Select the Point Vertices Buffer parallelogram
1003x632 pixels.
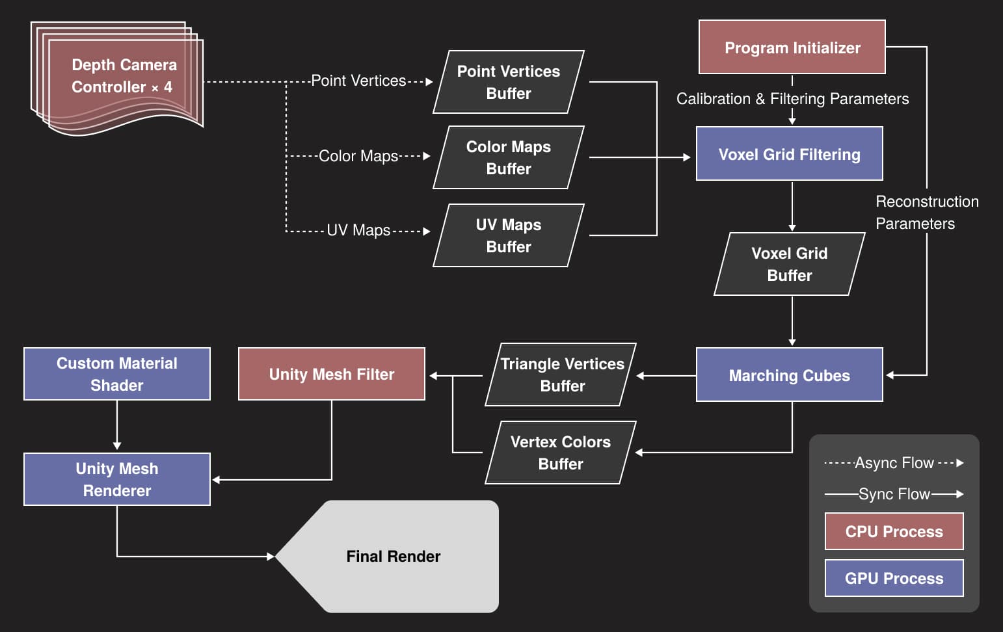pyautogui.click(x=509, y=82)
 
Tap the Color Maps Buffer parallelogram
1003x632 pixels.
pyautogui.click(x=509, y=157)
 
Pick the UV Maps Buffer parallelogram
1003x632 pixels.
pyautogui.click(x=509, y=235)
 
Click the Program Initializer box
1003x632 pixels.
pyautogui.click(x=792, y=47)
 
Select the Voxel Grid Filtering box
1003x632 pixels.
pyautogui.click(x=789, y=154)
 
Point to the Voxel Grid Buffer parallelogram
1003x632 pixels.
pyautogui.click(x=789, y=264)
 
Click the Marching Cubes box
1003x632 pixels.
pyautogui.click(x=789, y=375)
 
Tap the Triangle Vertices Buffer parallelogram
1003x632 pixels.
pyautogui.click(x=561, y=375)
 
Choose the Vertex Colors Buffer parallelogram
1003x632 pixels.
pyautogui.click(x=560, y=453)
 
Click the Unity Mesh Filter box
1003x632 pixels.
pyautogui.click(x=331, y=374)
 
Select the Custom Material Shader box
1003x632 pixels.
pyautogui.click(x=117, y=374)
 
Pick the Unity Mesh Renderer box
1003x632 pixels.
pyautogui.click(x=117, y=479)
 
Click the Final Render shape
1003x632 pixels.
pyautogui.click(x=393, y=557)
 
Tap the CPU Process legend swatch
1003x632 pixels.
pyautogui.click(x=894, y=531)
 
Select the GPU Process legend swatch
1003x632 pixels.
pyautogui.click(x=894, y=578)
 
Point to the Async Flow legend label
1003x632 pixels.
pyautogui.click(x=894, y=463)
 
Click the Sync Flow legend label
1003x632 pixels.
pyautogui.click(x=894, y=494)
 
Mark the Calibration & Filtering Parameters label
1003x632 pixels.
pyautogui.click(x=792, y=99)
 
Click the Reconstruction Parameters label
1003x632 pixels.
pyautogui.click(x=926, y=213)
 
